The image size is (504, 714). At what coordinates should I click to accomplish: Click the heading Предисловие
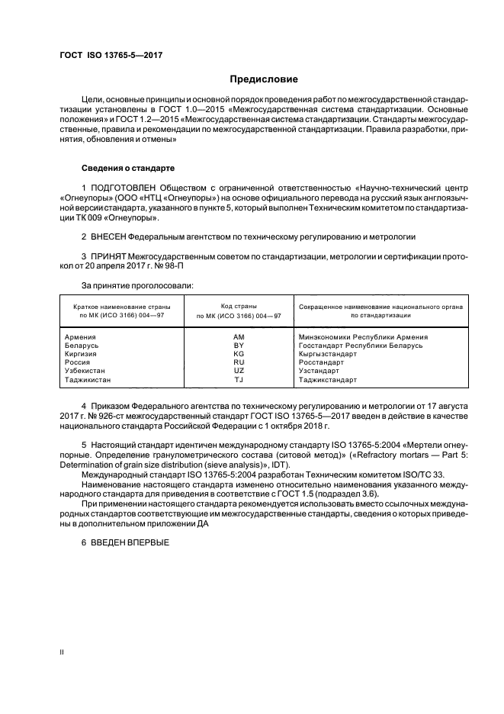[x=265, y=79]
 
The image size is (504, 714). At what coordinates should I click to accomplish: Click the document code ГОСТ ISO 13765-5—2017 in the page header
[x=111, y=56]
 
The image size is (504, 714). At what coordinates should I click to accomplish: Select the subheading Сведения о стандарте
[x=128, y=167]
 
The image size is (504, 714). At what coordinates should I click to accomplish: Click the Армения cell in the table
[x=80, y=336]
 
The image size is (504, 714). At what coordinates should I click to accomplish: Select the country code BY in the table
[x=238, y=345]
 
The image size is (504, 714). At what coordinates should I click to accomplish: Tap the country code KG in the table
[x=238, y=354]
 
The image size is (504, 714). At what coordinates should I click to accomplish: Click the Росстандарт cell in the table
[x=323, y=362]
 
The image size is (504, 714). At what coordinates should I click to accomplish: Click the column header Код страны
[x=238, y=306]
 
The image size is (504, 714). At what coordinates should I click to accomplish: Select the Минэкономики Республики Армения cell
[x=363, y=336]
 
